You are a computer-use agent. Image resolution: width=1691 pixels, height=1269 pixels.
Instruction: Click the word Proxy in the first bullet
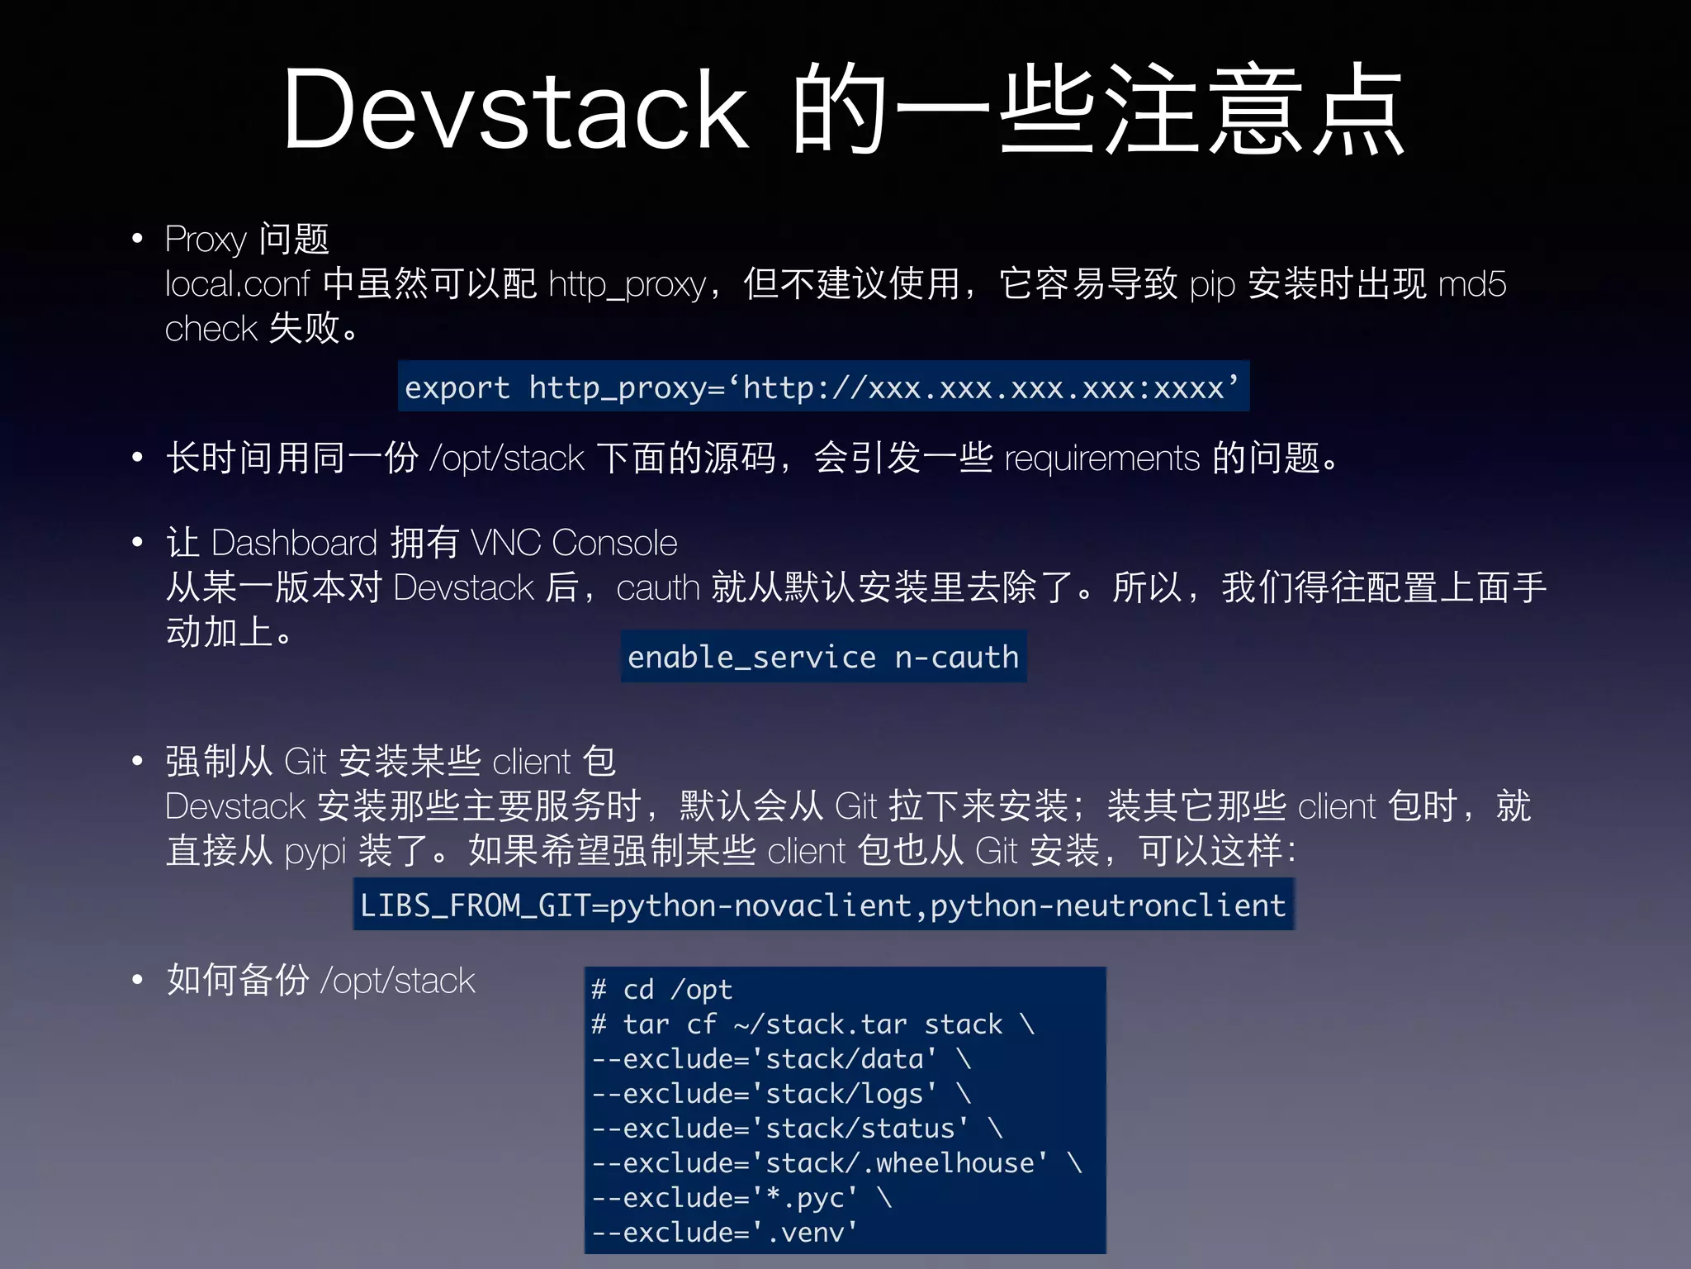206,240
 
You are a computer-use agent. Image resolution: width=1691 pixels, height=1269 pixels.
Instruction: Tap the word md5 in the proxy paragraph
1472,284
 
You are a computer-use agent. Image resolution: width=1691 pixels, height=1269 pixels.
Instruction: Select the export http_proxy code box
822,387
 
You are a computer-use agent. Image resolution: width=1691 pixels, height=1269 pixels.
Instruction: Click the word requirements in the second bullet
1101,458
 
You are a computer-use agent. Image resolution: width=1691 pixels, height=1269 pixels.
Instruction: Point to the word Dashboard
294,544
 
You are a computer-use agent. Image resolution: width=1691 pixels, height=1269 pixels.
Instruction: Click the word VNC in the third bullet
505,544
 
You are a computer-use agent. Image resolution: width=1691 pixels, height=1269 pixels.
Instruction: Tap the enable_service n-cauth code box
823,657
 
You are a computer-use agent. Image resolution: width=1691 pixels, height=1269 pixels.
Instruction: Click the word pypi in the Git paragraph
315,852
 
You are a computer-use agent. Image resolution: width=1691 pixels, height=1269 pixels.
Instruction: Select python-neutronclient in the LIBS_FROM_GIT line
1108,905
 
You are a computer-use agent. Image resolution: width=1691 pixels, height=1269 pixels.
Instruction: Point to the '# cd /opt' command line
662,989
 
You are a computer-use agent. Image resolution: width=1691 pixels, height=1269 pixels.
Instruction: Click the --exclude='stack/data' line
780,1059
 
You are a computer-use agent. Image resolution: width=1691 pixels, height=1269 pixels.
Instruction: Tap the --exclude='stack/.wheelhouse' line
836,1163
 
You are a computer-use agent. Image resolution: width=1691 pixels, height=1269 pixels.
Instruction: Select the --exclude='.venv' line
724,1233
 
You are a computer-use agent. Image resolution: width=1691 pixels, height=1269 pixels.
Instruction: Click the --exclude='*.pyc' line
741,1198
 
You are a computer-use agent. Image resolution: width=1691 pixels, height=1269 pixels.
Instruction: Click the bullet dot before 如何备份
138,980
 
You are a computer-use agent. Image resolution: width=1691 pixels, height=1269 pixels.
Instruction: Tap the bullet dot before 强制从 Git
138,761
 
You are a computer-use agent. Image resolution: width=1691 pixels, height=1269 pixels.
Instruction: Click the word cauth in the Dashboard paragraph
657,588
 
